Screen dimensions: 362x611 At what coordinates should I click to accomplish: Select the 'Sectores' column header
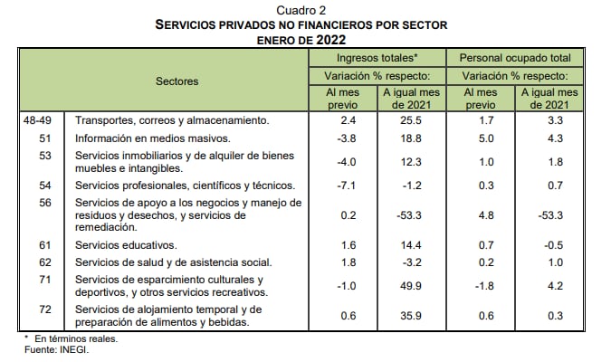[x=177, y=81]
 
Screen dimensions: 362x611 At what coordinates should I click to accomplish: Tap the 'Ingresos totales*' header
[x=376, y=57]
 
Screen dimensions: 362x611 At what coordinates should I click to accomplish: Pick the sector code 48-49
[x=37, y=119]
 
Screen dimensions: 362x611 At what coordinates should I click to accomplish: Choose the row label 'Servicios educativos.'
[x=127, y=244]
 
